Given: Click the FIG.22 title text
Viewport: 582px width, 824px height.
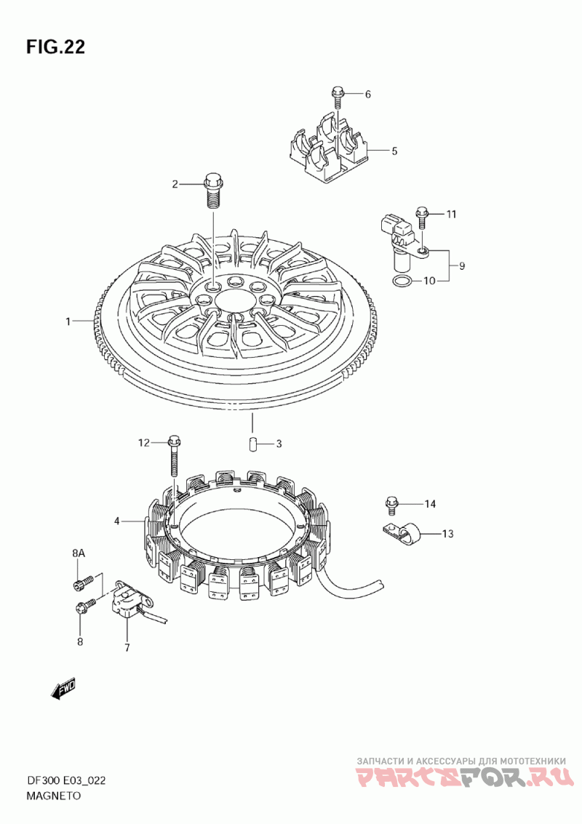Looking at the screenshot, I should click(x=56, y=47).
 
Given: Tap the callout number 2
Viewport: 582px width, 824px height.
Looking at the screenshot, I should click(x=175, y=184).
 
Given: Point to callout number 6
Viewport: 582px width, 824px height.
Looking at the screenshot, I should click(x=367, y=95).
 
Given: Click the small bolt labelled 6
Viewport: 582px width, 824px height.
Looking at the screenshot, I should click(x=337, y=97).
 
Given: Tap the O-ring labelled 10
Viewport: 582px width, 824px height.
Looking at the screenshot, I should click(x=401, y=281).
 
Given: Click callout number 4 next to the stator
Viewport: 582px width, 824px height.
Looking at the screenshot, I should click(x=116, y=521).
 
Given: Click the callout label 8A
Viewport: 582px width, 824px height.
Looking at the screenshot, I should click(x=79, y=554).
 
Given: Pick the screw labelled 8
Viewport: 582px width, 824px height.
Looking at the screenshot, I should click(x=85, y=604).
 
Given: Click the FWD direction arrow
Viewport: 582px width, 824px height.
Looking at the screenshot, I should click(x=64, y=688).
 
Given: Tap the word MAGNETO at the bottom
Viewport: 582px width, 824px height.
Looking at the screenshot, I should click(x=54, y=796).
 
